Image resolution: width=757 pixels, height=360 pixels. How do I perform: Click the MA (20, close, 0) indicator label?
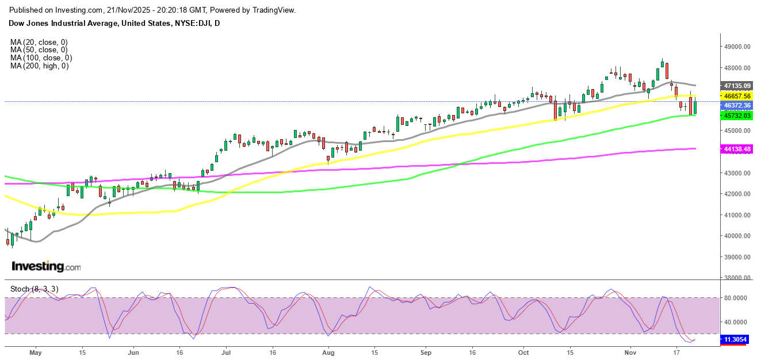[39, 42]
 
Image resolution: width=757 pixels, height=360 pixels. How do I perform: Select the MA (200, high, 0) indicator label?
[39, 66]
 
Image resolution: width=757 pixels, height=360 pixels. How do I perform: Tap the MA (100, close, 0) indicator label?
[41, 58]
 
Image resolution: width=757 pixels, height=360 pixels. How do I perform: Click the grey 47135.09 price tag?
[737, 85]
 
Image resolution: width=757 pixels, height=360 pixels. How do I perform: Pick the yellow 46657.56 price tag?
[737, 96]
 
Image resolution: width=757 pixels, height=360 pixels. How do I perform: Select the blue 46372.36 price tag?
[737, 106]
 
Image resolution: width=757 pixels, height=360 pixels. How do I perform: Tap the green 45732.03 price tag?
[737, 116]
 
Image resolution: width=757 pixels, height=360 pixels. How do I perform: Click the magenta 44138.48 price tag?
[737, 149]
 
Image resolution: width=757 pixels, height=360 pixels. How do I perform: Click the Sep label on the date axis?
[426, 352]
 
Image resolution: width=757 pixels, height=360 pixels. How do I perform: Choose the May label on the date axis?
[36, 352]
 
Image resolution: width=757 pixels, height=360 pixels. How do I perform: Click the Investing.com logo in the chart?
[46, 267]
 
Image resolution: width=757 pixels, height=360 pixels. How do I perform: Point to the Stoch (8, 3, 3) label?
[34, 289]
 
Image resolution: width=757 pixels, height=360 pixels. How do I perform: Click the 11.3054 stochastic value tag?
[737, 339]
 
